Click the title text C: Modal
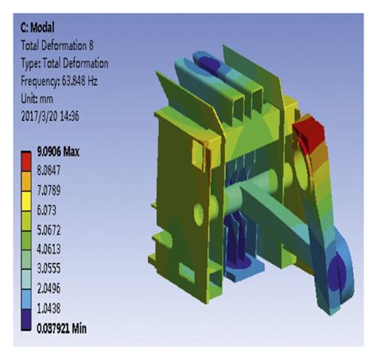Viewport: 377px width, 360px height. (37, 28)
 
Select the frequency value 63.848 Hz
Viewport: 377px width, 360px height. (80, 81)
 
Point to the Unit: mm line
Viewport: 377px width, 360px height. (37, 99)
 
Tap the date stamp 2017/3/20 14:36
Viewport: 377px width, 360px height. (50, 116)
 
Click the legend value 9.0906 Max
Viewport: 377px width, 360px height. (58, 152)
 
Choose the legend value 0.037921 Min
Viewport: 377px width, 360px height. (61, 328)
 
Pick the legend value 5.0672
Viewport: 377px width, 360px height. (49, 230)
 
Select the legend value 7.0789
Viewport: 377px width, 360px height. (49, 191)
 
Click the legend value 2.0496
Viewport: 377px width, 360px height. (49, 288)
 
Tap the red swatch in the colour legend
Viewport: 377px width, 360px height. (26, 161)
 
